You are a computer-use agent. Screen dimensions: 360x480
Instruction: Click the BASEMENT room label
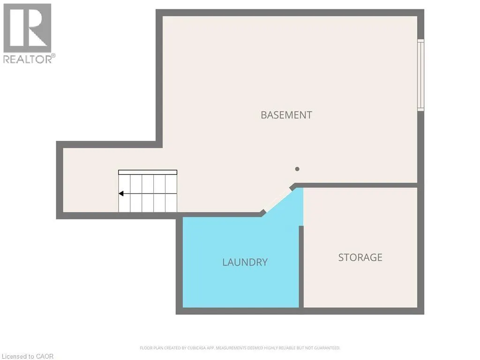pos(286,115)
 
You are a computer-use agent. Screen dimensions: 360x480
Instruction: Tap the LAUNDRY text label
pos(245,262)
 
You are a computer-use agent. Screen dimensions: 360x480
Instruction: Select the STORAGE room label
pos(360,257)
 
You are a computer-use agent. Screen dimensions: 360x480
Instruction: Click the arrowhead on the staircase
pos(121,193)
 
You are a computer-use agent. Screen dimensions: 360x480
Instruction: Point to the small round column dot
pos(297,169)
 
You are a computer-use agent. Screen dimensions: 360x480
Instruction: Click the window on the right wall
pos(421,75)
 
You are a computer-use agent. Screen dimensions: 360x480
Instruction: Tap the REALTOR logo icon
pos(27,28)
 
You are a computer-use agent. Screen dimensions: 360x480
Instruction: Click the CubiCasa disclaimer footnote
pos(240,348)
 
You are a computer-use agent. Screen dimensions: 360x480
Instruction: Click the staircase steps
pos(148,193)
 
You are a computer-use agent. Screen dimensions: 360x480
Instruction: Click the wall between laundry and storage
pos(301,267)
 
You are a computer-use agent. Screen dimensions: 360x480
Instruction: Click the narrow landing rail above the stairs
pos(148,172)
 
